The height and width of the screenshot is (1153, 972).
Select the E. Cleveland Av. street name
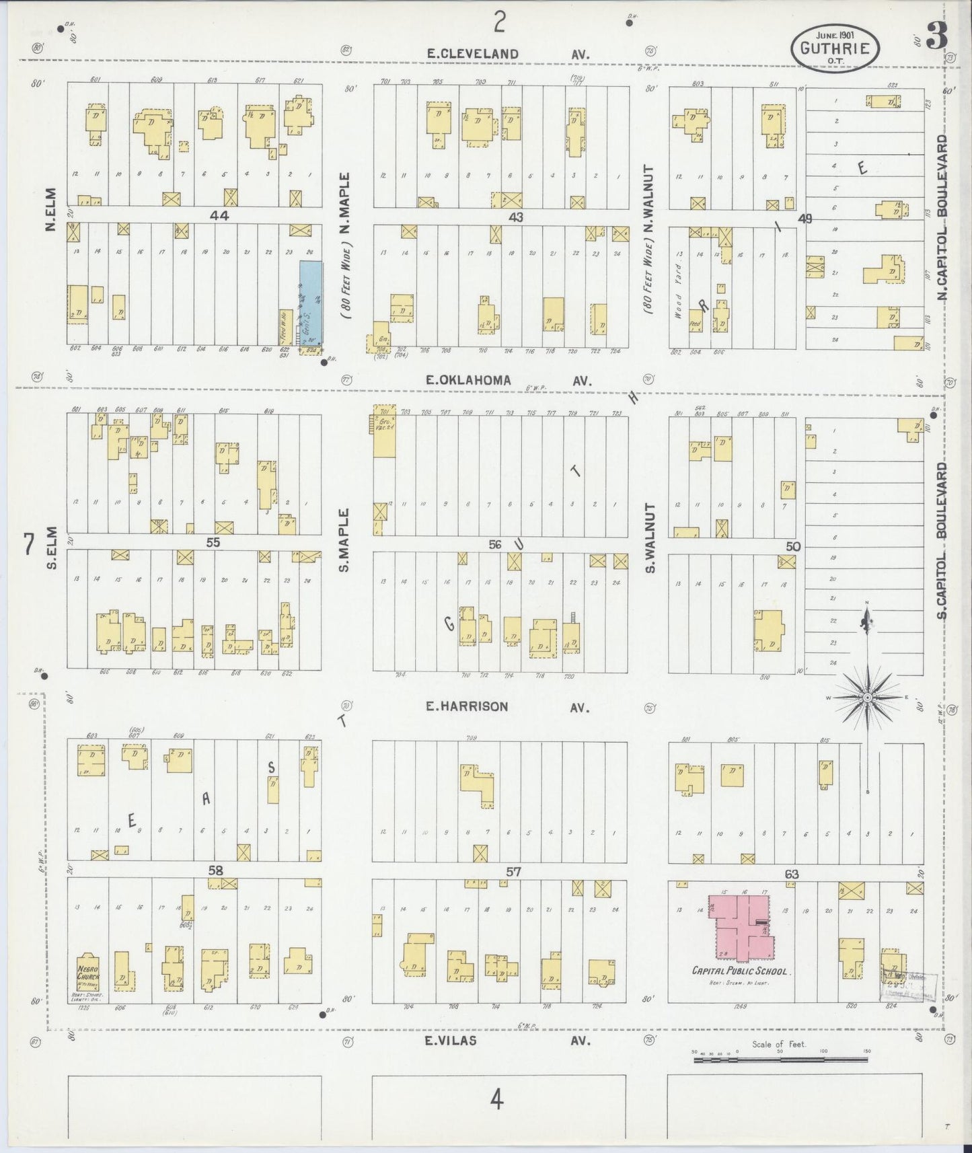click(510, 54)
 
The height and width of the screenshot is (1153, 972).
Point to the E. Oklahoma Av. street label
click(509, 380)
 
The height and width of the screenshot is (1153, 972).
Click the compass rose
click(867, 698)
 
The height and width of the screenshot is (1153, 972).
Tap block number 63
click(791, 874)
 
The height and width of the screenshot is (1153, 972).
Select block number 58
click(215, 870)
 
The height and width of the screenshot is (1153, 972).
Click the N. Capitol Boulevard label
click(942, 219)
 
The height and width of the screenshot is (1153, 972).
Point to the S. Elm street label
click(52, 546)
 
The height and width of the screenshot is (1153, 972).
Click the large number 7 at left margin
click(28, 545)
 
